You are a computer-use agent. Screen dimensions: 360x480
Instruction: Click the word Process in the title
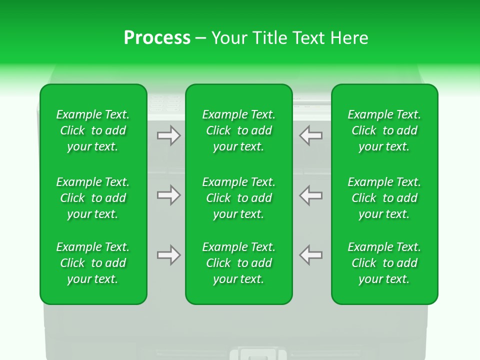tap(157, 38)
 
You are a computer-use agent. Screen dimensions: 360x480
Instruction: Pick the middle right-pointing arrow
tap(168, 195)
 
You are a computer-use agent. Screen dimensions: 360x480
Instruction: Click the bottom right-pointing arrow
tap(168, 255)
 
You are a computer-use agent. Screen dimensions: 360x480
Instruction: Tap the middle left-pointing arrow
tap(310, 195)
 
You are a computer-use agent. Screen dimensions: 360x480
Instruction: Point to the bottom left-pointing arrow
tap(310, 255)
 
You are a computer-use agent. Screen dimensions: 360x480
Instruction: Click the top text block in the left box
tap(93, 130)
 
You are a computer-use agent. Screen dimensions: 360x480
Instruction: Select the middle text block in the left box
tap(93, 198)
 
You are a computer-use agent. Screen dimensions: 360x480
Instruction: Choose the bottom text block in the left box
tap(93, 263)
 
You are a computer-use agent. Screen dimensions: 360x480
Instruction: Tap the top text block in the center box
tap(239, 130)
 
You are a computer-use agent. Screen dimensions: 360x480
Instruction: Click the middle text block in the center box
tap(239, 198)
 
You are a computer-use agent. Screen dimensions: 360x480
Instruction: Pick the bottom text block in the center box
tap(239, 263)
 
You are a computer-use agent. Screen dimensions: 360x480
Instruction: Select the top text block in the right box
tap(384, 130)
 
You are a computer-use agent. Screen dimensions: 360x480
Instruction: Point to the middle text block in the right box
tap(384, 198)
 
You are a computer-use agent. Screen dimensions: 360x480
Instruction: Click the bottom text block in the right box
tap(384, 263)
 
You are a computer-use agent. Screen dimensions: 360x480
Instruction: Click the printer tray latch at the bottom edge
tap(254, 354)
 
